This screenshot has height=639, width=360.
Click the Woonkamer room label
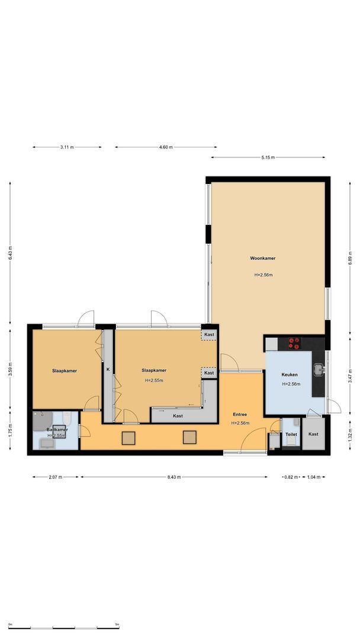coord(262,259)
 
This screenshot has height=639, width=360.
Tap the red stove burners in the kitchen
coord(294,343)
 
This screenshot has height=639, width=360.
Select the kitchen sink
coord(320,370)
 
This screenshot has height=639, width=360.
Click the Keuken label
coord(290,375)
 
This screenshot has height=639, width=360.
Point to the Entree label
coord(239,415)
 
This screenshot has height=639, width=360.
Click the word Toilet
coord(291,434)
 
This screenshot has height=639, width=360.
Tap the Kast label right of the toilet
coord(313,434)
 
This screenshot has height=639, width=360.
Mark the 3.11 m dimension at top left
coord(67,147)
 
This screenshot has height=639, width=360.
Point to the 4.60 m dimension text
coord(166,147)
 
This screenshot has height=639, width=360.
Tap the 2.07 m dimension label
coord(56,477)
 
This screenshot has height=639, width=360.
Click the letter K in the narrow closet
coord(108,370)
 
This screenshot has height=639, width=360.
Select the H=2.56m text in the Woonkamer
coord(263,275)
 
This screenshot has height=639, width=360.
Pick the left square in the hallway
coord(128,438)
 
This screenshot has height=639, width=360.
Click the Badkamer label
coord(56,430)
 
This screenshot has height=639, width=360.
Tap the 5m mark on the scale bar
coord(117,624)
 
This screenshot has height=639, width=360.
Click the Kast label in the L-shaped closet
coord(178,416)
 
